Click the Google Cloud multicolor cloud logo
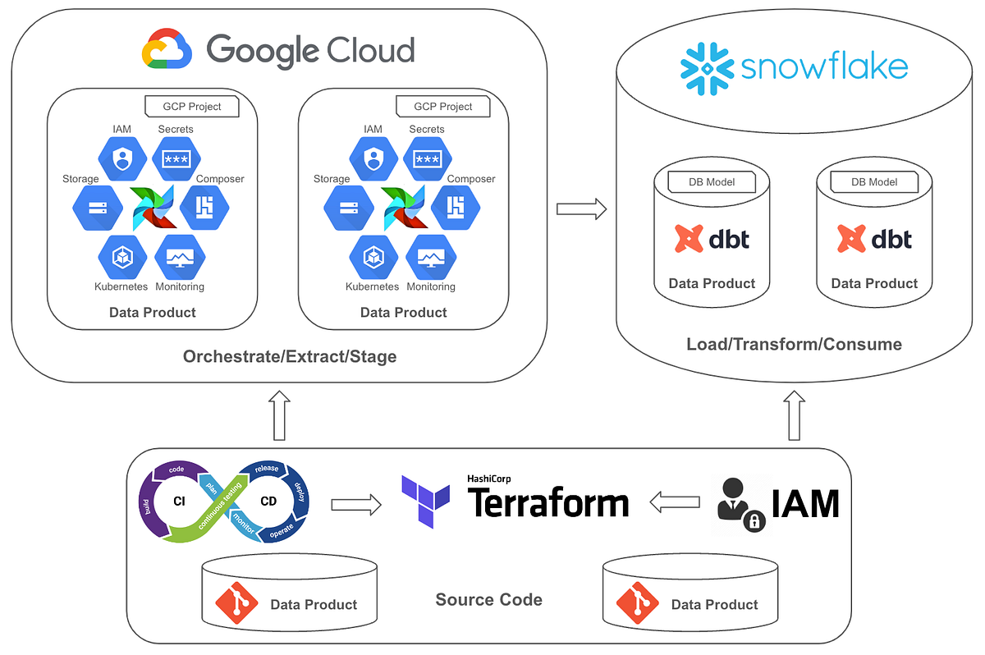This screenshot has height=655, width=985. tap(167, 49)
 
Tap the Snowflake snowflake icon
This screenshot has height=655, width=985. tap(707, 66)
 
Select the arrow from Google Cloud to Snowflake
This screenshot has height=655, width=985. tap(581, 208)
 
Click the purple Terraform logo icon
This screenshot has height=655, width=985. tap(426, 500)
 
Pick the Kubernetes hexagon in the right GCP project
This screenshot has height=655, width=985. tap(373, 257)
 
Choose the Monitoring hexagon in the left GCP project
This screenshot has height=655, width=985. tap(179, 257)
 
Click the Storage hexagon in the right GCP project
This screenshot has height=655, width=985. tap(347, 207)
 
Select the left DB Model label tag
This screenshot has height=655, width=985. tap(712, 181)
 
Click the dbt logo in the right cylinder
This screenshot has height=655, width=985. tap(874, 239)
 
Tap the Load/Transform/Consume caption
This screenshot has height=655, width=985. tap(794, 344)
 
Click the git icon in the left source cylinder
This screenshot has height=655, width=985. tap(236, 603)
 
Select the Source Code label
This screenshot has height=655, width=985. tap(488, 600)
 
